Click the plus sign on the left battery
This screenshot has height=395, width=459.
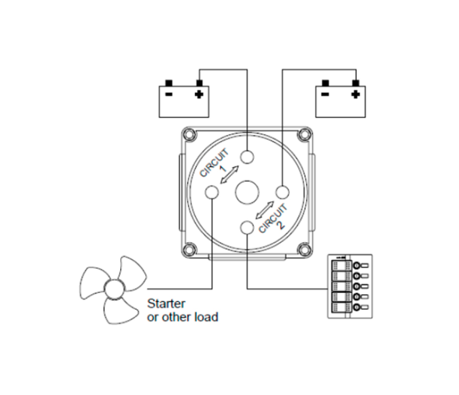[x=199, y=94]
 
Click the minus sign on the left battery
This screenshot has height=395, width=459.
[x=169, y=94]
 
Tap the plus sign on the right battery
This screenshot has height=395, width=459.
[x=356, y=94]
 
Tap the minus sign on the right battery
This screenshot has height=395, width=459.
[x=326, y=94]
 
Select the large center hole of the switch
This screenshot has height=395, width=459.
[x=247, y=192]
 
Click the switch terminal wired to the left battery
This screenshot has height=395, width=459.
[x=247, y=157]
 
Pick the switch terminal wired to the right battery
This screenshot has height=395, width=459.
[x=283, y=192]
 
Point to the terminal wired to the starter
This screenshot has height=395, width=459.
[x=212, y=192]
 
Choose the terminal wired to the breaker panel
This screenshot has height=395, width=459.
[x=247, y=228]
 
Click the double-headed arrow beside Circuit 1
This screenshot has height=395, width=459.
[x=229, y=175]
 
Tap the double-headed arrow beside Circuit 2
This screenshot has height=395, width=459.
[x=265, y=210]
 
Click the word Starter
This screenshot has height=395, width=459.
[x=166, y=304]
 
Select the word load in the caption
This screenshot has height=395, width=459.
[x=206, y=317]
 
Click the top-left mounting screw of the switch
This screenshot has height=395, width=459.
[x=189, y=134]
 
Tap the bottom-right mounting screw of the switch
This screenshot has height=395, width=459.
[x=304, y=250]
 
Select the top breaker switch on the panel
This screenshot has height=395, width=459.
[x=341, y=265]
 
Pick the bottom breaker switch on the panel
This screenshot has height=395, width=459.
[x=341, y=308]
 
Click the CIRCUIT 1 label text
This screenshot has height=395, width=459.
[x=215, y=164]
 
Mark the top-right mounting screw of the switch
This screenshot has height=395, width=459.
[x=304, y=134]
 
